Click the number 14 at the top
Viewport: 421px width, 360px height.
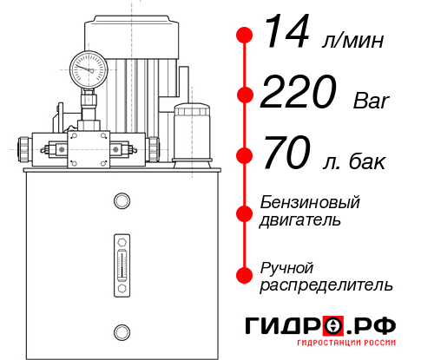(289, 34)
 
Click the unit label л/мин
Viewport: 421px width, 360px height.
(352, 40)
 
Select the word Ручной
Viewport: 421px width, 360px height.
(286, 266)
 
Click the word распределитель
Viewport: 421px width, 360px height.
(326, 285)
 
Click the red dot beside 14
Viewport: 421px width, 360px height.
(245, 35)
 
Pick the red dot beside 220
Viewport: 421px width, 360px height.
(245, 95)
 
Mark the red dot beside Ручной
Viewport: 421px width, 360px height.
(245, 275)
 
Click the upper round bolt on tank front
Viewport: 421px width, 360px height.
(121, 202)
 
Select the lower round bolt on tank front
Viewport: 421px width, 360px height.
(121, 331)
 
